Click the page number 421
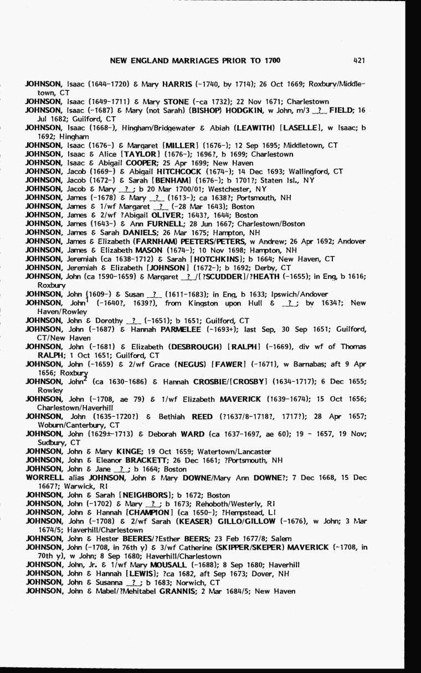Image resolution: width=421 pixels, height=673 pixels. pyautogui.click(x=358, y=60)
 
